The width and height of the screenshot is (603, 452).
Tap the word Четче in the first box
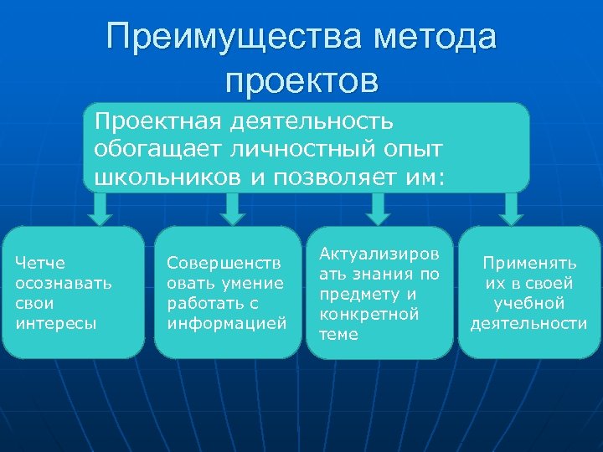pos(40,264)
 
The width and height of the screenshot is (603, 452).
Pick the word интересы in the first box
pos(56,321)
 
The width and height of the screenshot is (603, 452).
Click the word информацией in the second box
pos(227,321)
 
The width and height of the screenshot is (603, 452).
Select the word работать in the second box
pos(201,302)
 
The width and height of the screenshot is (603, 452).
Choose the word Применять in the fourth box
pos(529,263)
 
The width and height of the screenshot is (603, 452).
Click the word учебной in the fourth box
pos(529,303)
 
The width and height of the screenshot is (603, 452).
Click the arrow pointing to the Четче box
pos(101,209)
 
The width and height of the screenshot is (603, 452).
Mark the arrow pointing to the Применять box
pos(508,209)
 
